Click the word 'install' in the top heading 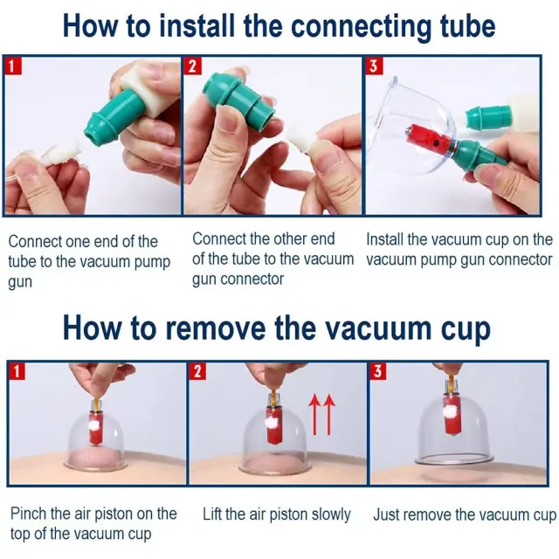point(197,26)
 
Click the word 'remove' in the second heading point(216,328)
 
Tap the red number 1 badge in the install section point(13,66)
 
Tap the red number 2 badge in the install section point(192,66)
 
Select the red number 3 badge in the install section point(374,66)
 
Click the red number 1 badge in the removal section point(17,371)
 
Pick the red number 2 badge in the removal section point(197,371)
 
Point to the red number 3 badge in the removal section point(378,371)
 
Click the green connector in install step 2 point(238,96)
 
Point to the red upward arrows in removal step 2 point(321,414)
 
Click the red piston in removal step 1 point(96,427)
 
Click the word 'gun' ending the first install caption point(20,282)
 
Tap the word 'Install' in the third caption point(385,239)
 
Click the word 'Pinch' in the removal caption point(29,514)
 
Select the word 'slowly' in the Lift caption point(331,515)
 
